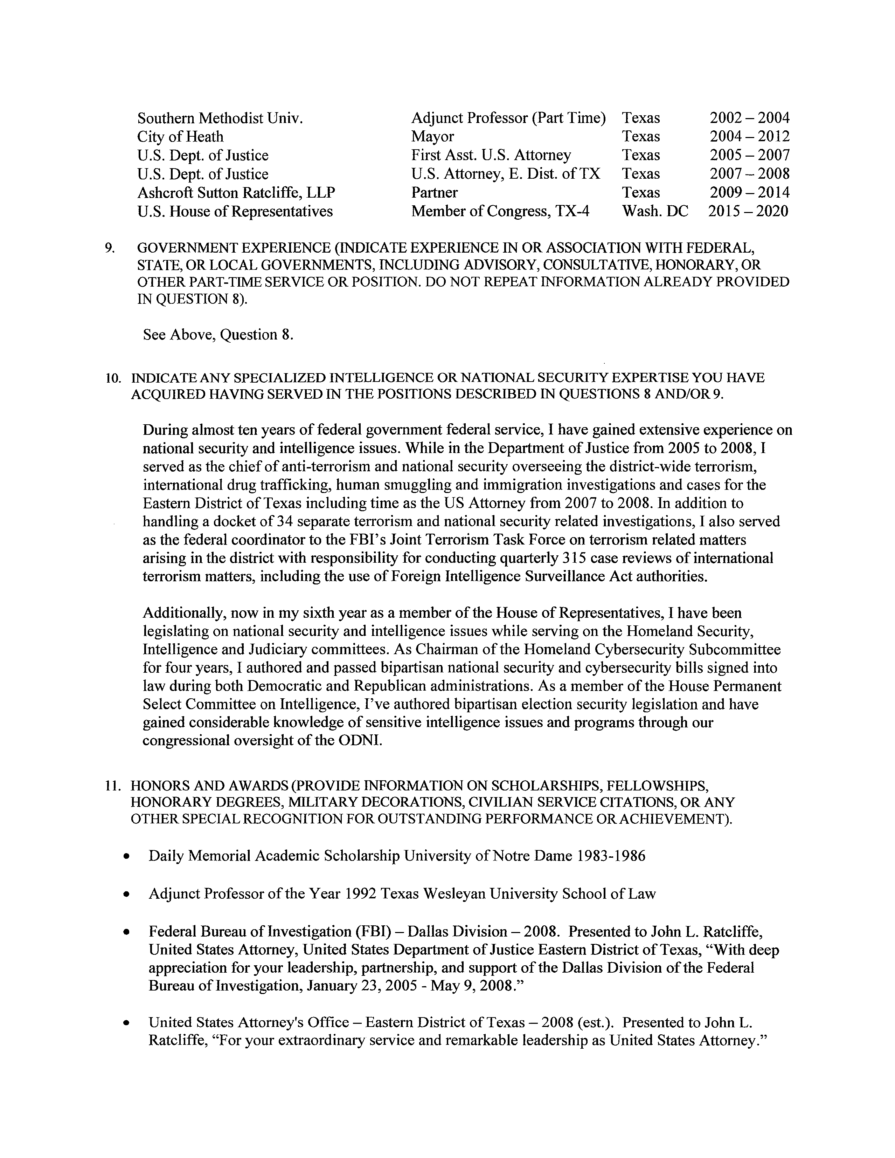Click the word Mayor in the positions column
click(432, 136)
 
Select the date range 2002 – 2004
click(749, 118)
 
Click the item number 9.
click(109, 248)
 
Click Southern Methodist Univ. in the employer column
click(220, 118)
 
